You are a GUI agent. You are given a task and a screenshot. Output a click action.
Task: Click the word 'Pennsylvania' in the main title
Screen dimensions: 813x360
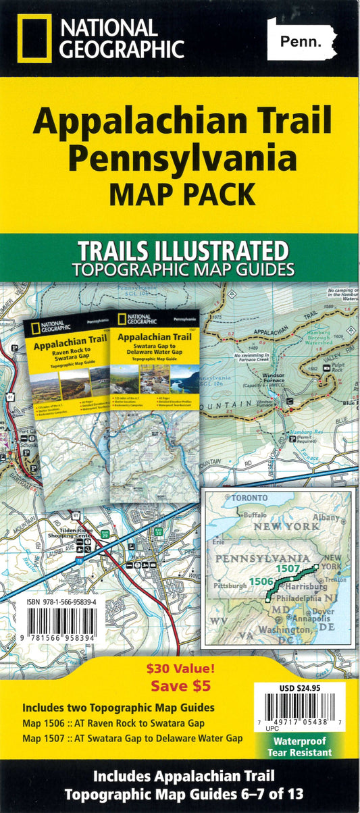click(182, 158)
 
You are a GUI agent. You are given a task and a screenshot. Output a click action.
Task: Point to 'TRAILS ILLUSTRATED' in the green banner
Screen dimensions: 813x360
click(182, 251)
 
